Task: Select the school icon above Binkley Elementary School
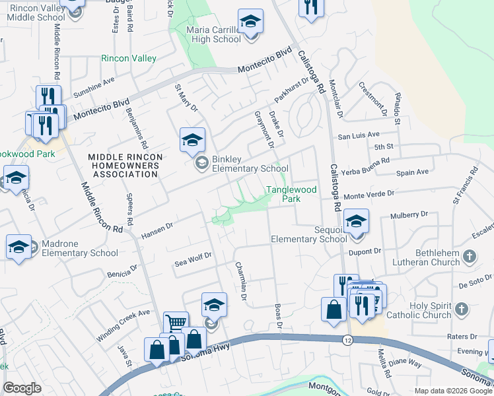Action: tap(192, 140)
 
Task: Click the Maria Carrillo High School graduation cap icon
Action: tap(250, 22)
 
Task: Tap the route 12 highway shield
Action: tap(347, 340)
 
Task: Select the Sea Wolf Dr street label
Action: tap(192, 259)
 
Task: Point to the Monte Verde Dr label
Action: tap(369, 195)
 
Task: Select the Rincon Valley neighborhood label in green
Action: tap(128, 59)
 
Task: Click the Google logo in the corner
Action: tap(22, 388)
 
